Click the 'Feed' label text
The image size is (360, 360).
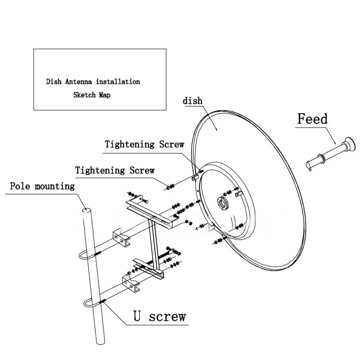point(312,119)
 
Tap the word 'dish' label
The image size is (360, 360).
point(192,101)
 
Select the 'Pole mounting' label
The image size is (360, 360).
point(42,186)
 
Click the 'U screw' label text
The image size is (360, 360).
point(160,316)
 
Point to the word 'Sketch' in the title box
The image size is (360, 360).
point(84,95)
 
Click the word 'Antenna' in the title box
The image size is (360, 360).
point(78,82)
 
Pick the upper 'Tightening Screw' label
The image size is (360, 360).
point(144,144)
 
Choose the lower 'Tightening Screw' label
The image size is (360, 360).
point(115,170)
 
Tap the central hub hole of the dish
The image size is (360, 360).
point(222,203)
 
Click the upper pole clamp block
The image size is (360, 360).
point(121,237)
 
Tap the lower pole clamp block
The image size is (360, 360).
point(131,284)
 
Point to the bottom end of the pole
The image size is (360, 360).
point(100,342)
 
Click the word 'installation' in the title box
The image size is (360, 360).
point(118,82)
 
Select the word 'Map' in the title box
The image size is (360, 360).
point(105,95)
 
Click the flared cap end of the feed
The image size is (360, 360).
point(351,144)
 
